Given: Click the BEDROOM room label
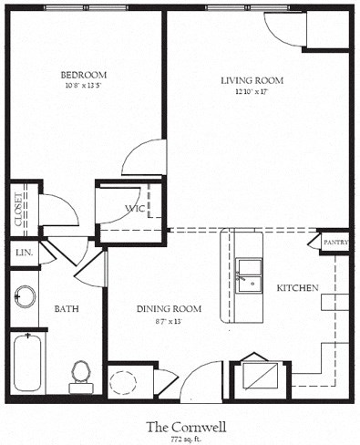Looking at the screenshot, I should click(84, 75).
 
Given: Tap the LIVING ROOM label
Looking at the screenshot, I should click(252, 81).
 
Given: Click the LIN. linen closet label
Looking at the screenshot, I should click(23, 253).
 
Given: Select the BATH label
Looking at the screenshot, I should click(66, 309).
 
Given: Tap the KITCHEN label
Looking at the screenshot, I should click(297, 288).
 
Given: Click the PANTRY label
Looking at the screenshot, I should click(335, 243).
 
